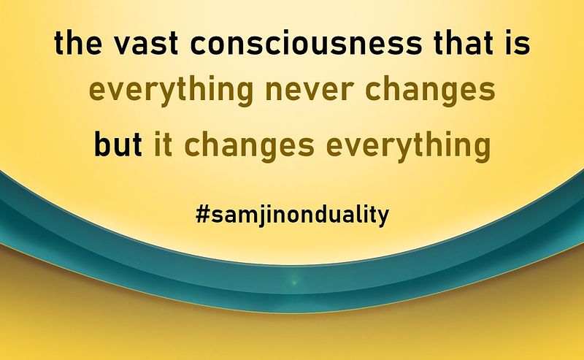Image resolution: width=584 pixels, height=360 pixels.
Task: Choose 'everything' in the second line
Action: pos(172,91)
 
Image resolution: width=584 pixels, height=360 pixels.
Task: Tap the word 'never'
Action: pos(309,93)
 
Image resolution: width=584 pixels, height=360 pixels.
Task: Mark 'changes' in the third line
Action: pos(250,145)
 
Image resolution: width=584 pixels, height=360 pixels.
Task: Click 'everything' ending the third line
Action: pos(409,145)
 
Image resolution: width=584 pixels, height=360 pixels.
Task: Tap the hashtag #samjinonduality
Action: pos(293,215)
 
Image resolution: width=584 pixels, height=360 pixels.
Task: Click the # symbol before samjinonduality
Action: pos(202,215)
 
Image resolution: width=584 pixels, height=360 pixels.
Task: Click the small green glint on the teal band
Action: pos(294,283)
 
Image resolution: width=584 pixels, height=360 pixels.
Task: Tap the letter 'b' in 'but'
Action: pos(102,144)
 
